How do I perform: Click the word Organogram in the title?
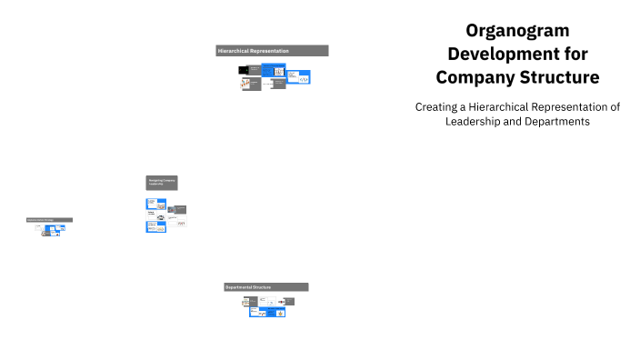tap(517, 30)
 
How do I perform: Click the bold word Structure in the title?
tap(558, 77)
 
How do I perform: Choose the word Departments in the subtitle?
tap(557, 121)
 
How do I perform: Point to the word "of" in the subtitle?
tap(615, 106)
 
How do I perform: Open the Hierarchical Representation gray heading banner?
tap(272, 51)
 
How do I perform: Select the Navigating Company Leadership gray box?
tap(162, 183)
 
